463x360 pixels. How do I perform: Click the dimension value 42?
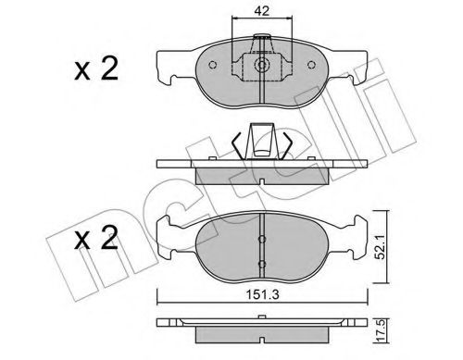(x=262, y=11)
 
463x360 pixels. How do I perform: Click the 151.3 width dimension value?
(x=262, y=295)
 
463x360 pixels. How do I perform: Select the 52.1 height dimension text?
(x=382, y=247)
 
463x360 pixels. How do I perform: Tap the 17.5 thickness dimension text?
(x=382, y=330)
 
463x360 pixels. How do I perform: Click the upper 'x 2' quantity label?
(x=96, y=69)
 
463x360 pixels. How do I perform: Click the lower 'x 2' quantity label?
(x=96, y=238)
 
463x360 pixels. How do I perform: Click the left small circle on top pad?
(x=212, y=65)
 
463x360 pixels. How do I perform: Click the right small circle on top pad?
(x=312, y=65)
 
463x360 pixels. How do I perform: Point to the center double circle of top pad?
(x=262, y=65)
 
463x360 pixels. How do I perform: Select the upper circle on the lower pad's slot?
(x=262, y=239)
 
